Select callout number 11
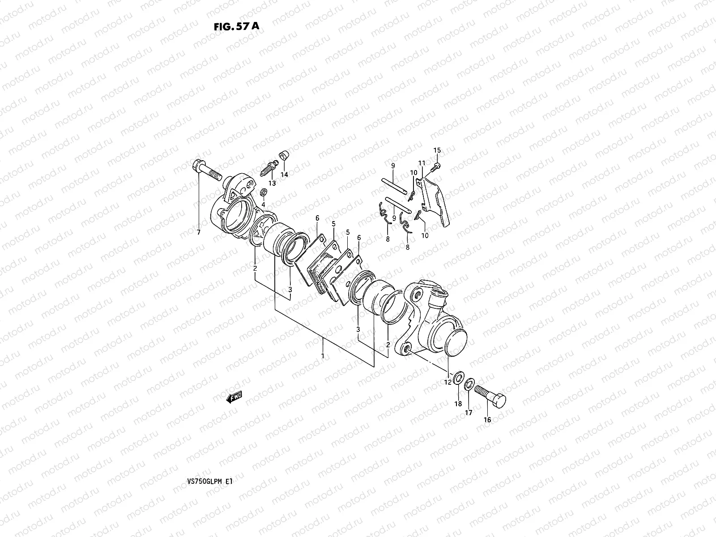[421, 162]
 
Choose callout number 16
[487, 420]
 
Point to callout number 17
[468, 413]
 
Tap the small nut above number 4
[264, 192]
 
